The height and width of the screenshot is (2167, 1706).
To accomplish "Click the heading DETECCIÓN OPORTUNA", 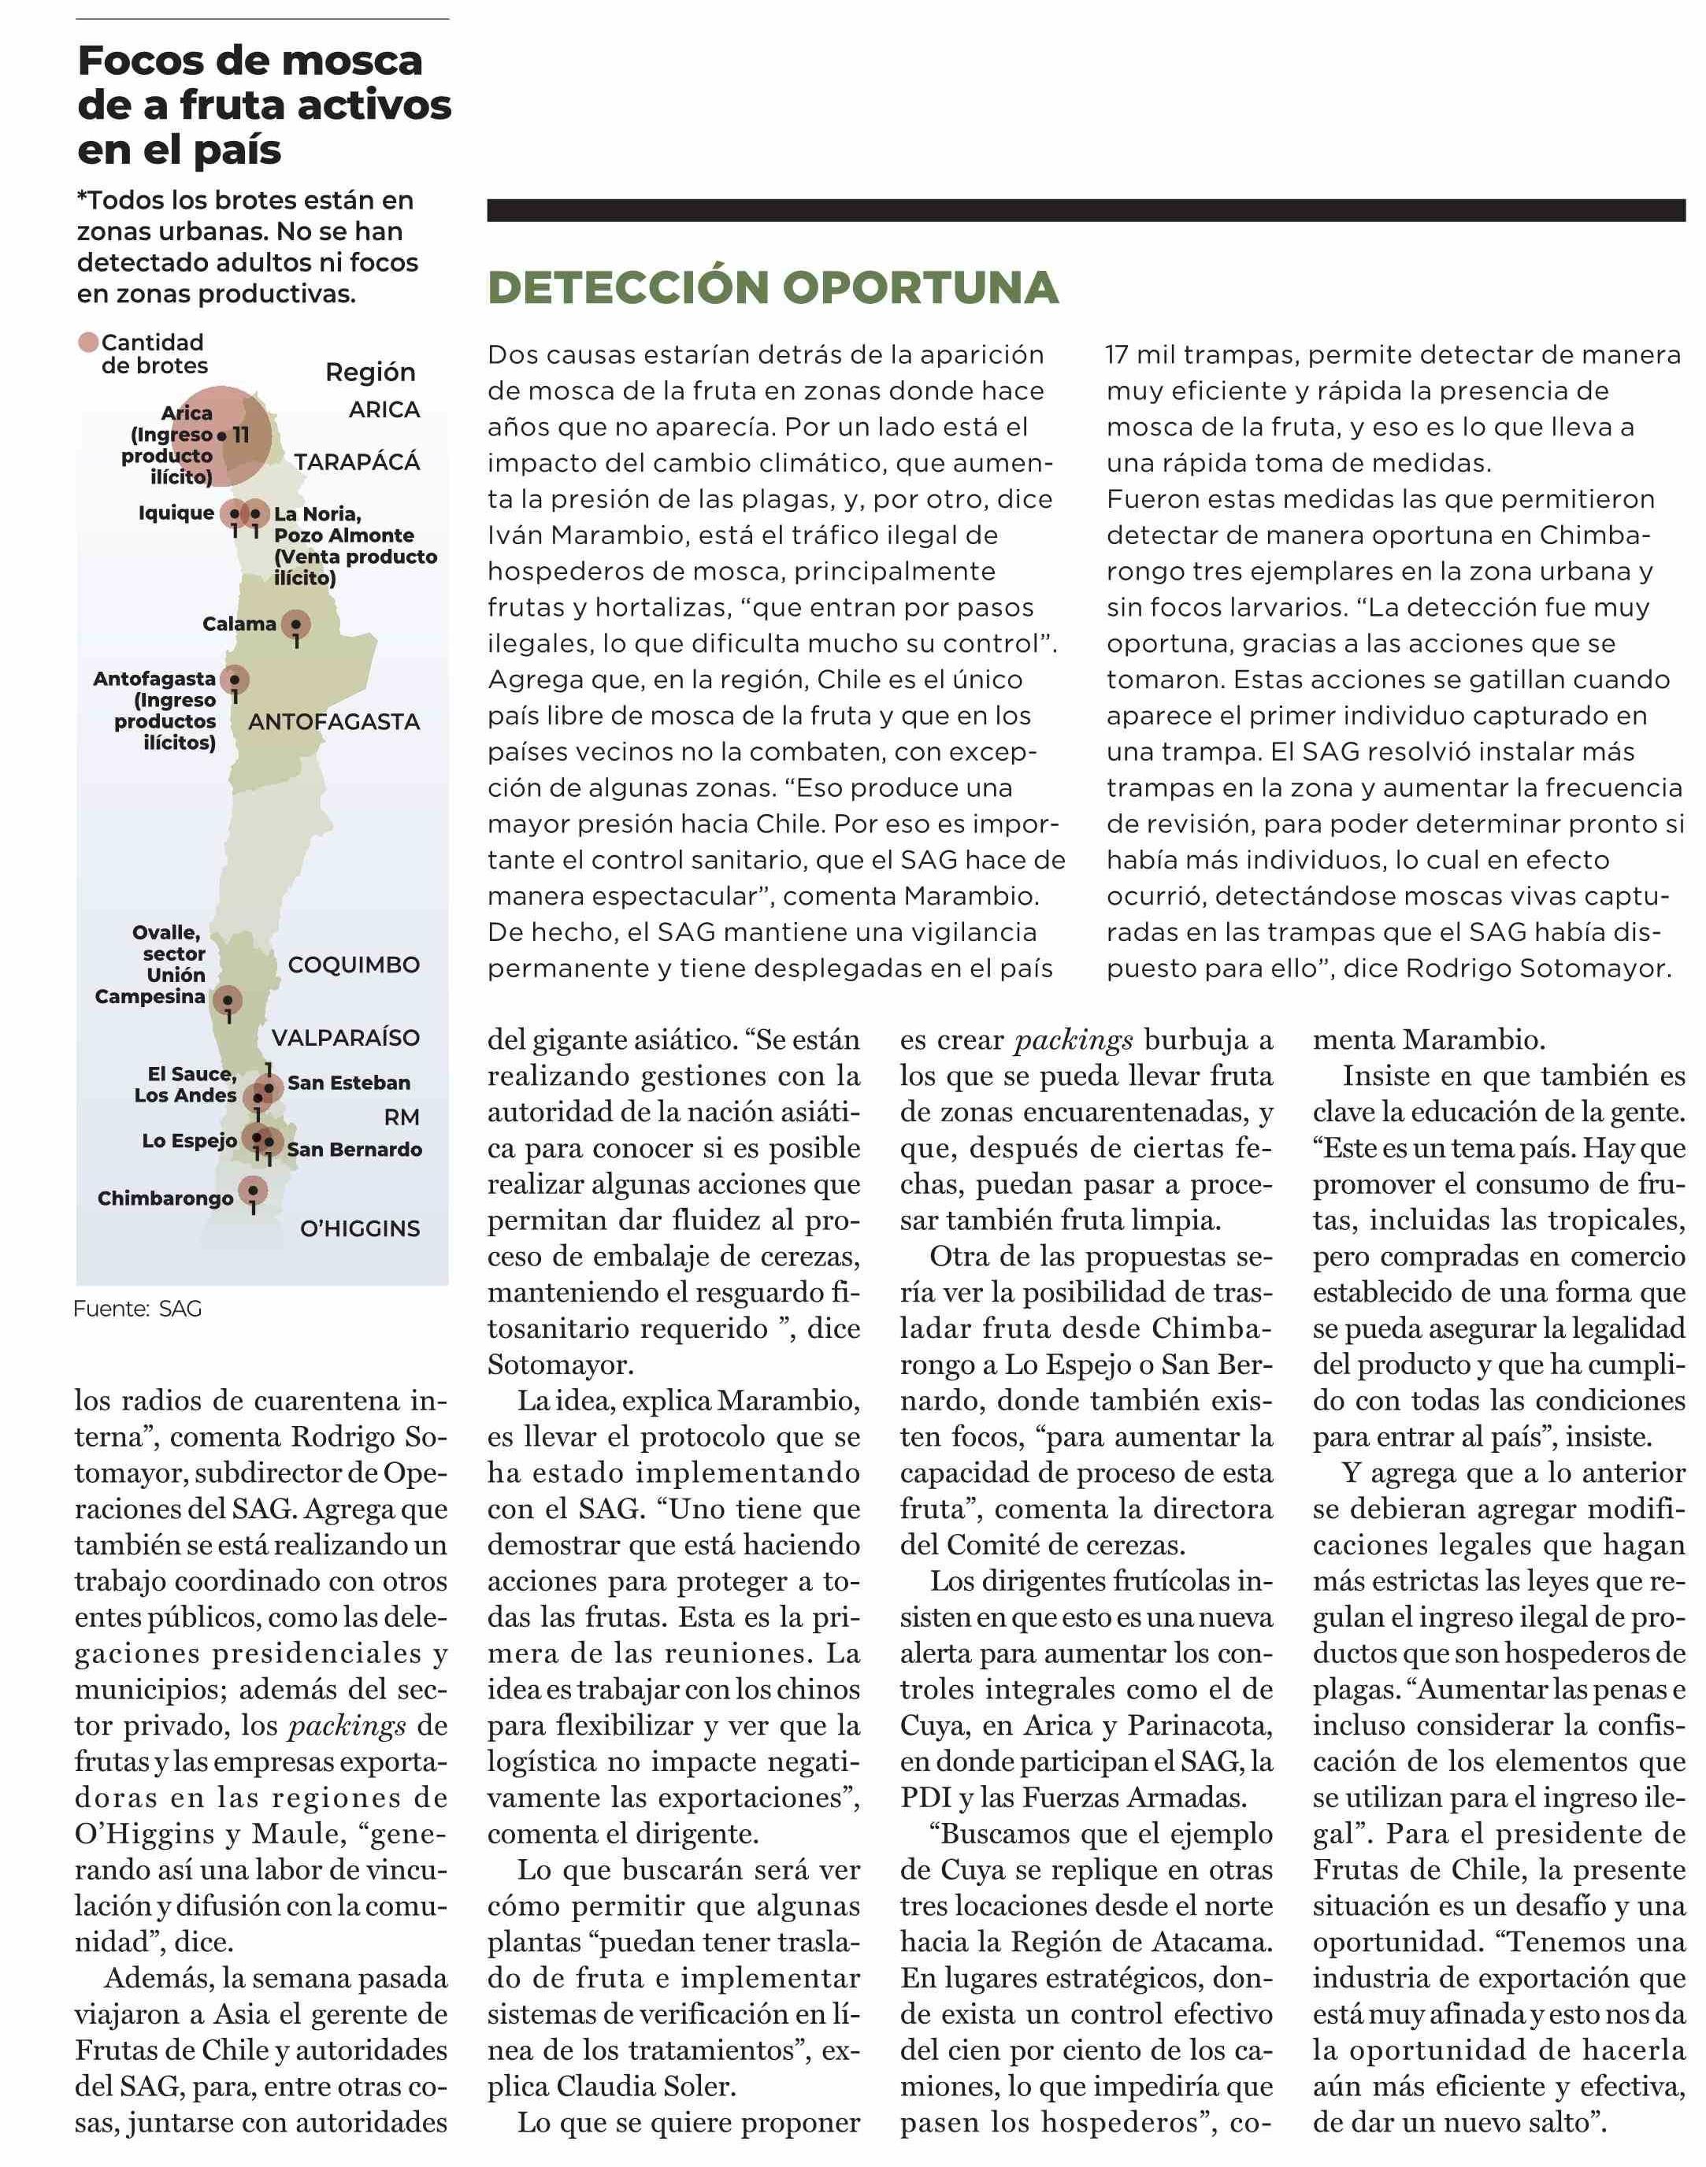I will click(x=772, y=287).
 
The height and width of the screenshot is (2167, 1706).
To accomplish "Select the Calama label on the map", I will click(x=239, y=624).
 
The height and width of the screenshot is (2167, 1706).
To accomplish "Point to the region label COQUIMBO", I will click(x=354, y=965).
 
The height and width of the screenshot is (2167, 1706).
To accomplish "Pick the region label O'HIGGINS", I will click(x=360, y=1228).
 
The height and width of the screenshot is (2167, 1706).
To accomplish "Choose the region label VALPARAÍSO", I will click(x=346, y=1038).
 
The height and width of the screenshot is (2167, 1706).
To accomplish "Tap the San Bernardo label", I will click(x=354, y=1150).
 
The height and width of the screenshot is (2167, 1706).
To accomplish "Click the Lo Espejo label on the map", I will click(x=189, y=1140).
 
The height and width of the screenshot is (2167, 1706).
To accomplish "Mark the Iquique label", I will click(x=176, y=513).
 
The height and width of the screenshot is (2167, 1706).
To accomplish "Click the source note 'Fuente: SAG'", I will click(x=138, y=1308).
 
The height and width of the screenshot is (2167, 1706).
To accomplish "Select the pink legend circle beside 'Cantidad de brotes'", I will click(x=89, y=343).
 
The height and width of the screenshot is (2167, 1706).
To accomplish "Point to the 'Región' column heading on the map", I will click(x=369, y=372).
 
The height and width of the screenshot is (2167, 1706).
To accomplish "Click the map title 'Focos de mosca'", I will click(x=250, y=61).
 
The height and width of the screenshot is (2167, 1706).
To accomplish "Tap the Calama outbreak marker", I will click(x=295, y=624).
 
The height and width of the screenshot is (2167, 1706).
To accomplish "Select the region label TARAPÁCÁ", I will click(x=357, y=461).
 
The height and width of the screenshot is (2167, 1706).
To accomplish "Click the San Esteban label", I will click(x=349, y=1083).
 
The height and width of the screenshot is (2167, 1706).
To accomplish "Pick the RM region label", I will click(x=402, y=1117).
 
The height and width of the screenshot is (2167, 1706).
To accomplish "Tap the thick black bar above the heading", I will click(x=1085, y=209).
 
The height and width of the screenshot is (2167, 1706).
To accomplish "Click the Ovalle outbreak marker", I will click(x=228, y=999).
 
